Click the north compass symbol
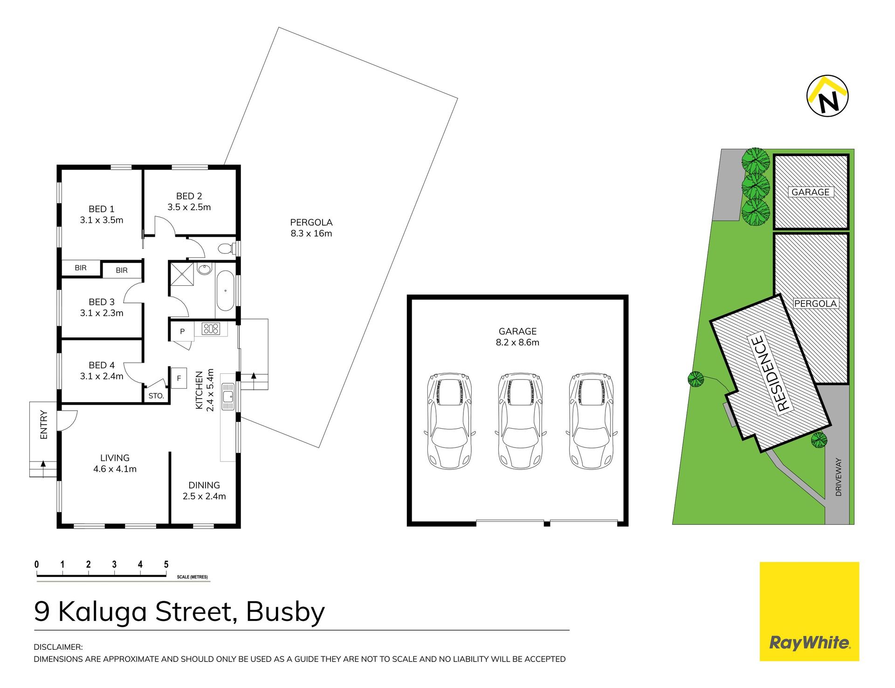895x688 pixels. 827,96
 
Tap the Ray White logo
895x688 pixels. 809,611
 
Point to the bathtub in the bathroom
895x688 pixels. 225,290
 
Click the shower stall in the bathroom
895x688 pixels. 181,274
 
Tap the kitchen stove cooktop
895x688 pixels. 210,329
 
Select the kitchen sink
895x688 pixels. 228,397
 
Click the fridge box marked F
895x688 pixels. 179,378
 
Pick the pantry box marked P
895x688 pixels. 182,331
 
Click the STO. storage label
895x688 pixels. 156,396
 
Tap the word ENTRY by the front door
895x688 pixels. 44,424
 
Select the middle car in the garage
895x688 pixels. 520,420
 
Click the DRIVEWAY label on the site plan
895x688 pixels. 839,477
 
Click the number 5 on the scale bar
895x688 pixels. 166,564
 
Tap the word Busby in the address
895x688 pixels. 285,612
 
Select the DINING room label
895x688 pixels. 204,485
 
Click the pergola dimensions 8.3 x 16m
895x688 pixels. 311,234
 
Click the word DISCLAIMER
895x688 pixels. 58,647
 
